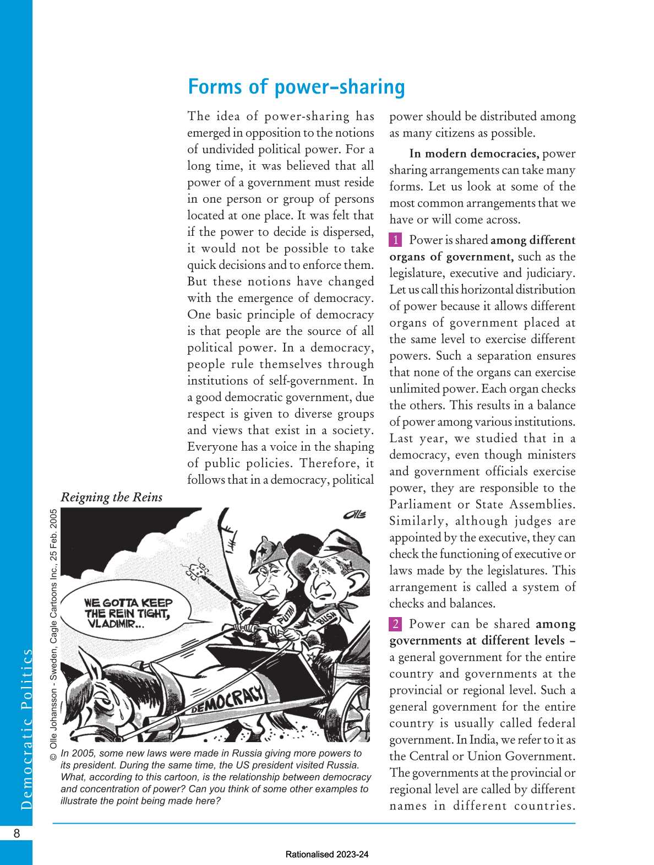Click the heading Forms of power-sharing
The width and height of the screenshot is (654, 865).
296,87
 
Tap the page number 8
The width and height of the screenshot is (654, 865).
17,833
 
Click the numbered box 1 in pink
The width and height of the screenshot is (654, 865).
395,240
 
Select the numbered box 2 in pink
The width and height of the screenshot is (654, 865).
395,624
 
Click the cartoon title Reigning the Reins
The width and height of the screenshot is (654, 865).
112,497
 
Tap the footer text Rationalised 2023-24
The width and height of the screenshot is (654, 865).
327,855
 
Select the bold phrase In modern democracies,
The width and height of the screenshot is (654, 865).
473,154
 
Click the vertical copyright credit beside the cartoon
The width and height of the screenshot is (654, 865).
53,634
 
